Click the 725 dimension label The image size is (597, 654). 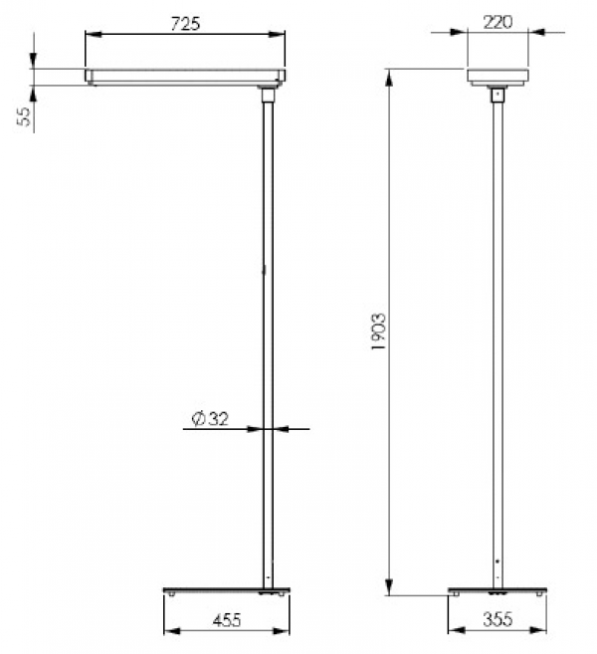point(185,24)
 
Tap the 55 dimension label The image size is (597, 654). point(25,116)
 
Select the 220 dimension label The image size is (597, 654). point(497,22)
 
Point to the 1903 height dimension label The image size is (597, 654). point(379,331)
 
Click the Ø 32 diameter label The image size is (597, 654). point(210,419)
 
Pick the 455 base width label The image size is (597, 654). point(227,620)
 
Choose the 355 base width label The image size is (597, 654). point(497,620)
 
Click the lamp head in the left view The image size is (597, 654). point(185,77)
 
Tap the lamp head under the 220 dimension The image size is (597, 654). point(497,78)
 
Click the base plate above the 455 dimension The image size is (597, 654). point(227,591)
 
